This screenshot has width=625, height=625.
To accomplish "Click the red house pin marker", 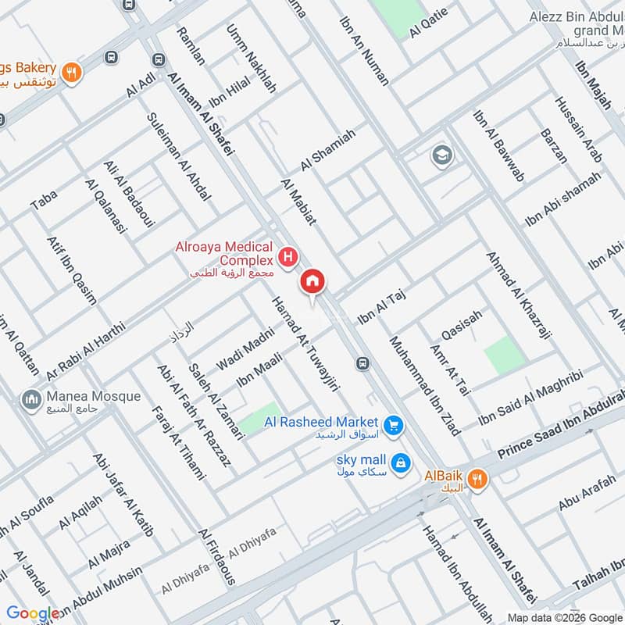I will pyautogui.click(x=313, y=282).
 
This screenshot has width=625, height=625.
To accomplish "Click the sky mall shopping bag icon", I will pyautogui.click(x=401, y=462).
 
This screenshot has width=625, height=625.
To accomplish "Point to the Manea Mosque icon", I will pyautogui.click(x=31, y=399).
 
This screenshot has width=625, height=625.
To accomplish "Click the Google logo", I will pyautogui.click(x=33, y=614).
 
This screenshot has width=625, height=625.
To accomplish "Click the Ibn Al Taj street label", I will pyautogui.click(x=383, y=305).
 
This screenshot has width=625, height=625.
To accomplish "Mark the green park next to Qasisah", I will pyautogui.click(x=502, y=355).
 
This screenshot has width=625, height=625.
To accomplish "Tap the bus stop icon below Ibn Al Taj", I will pyautogui.click(x=362, y=363).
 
